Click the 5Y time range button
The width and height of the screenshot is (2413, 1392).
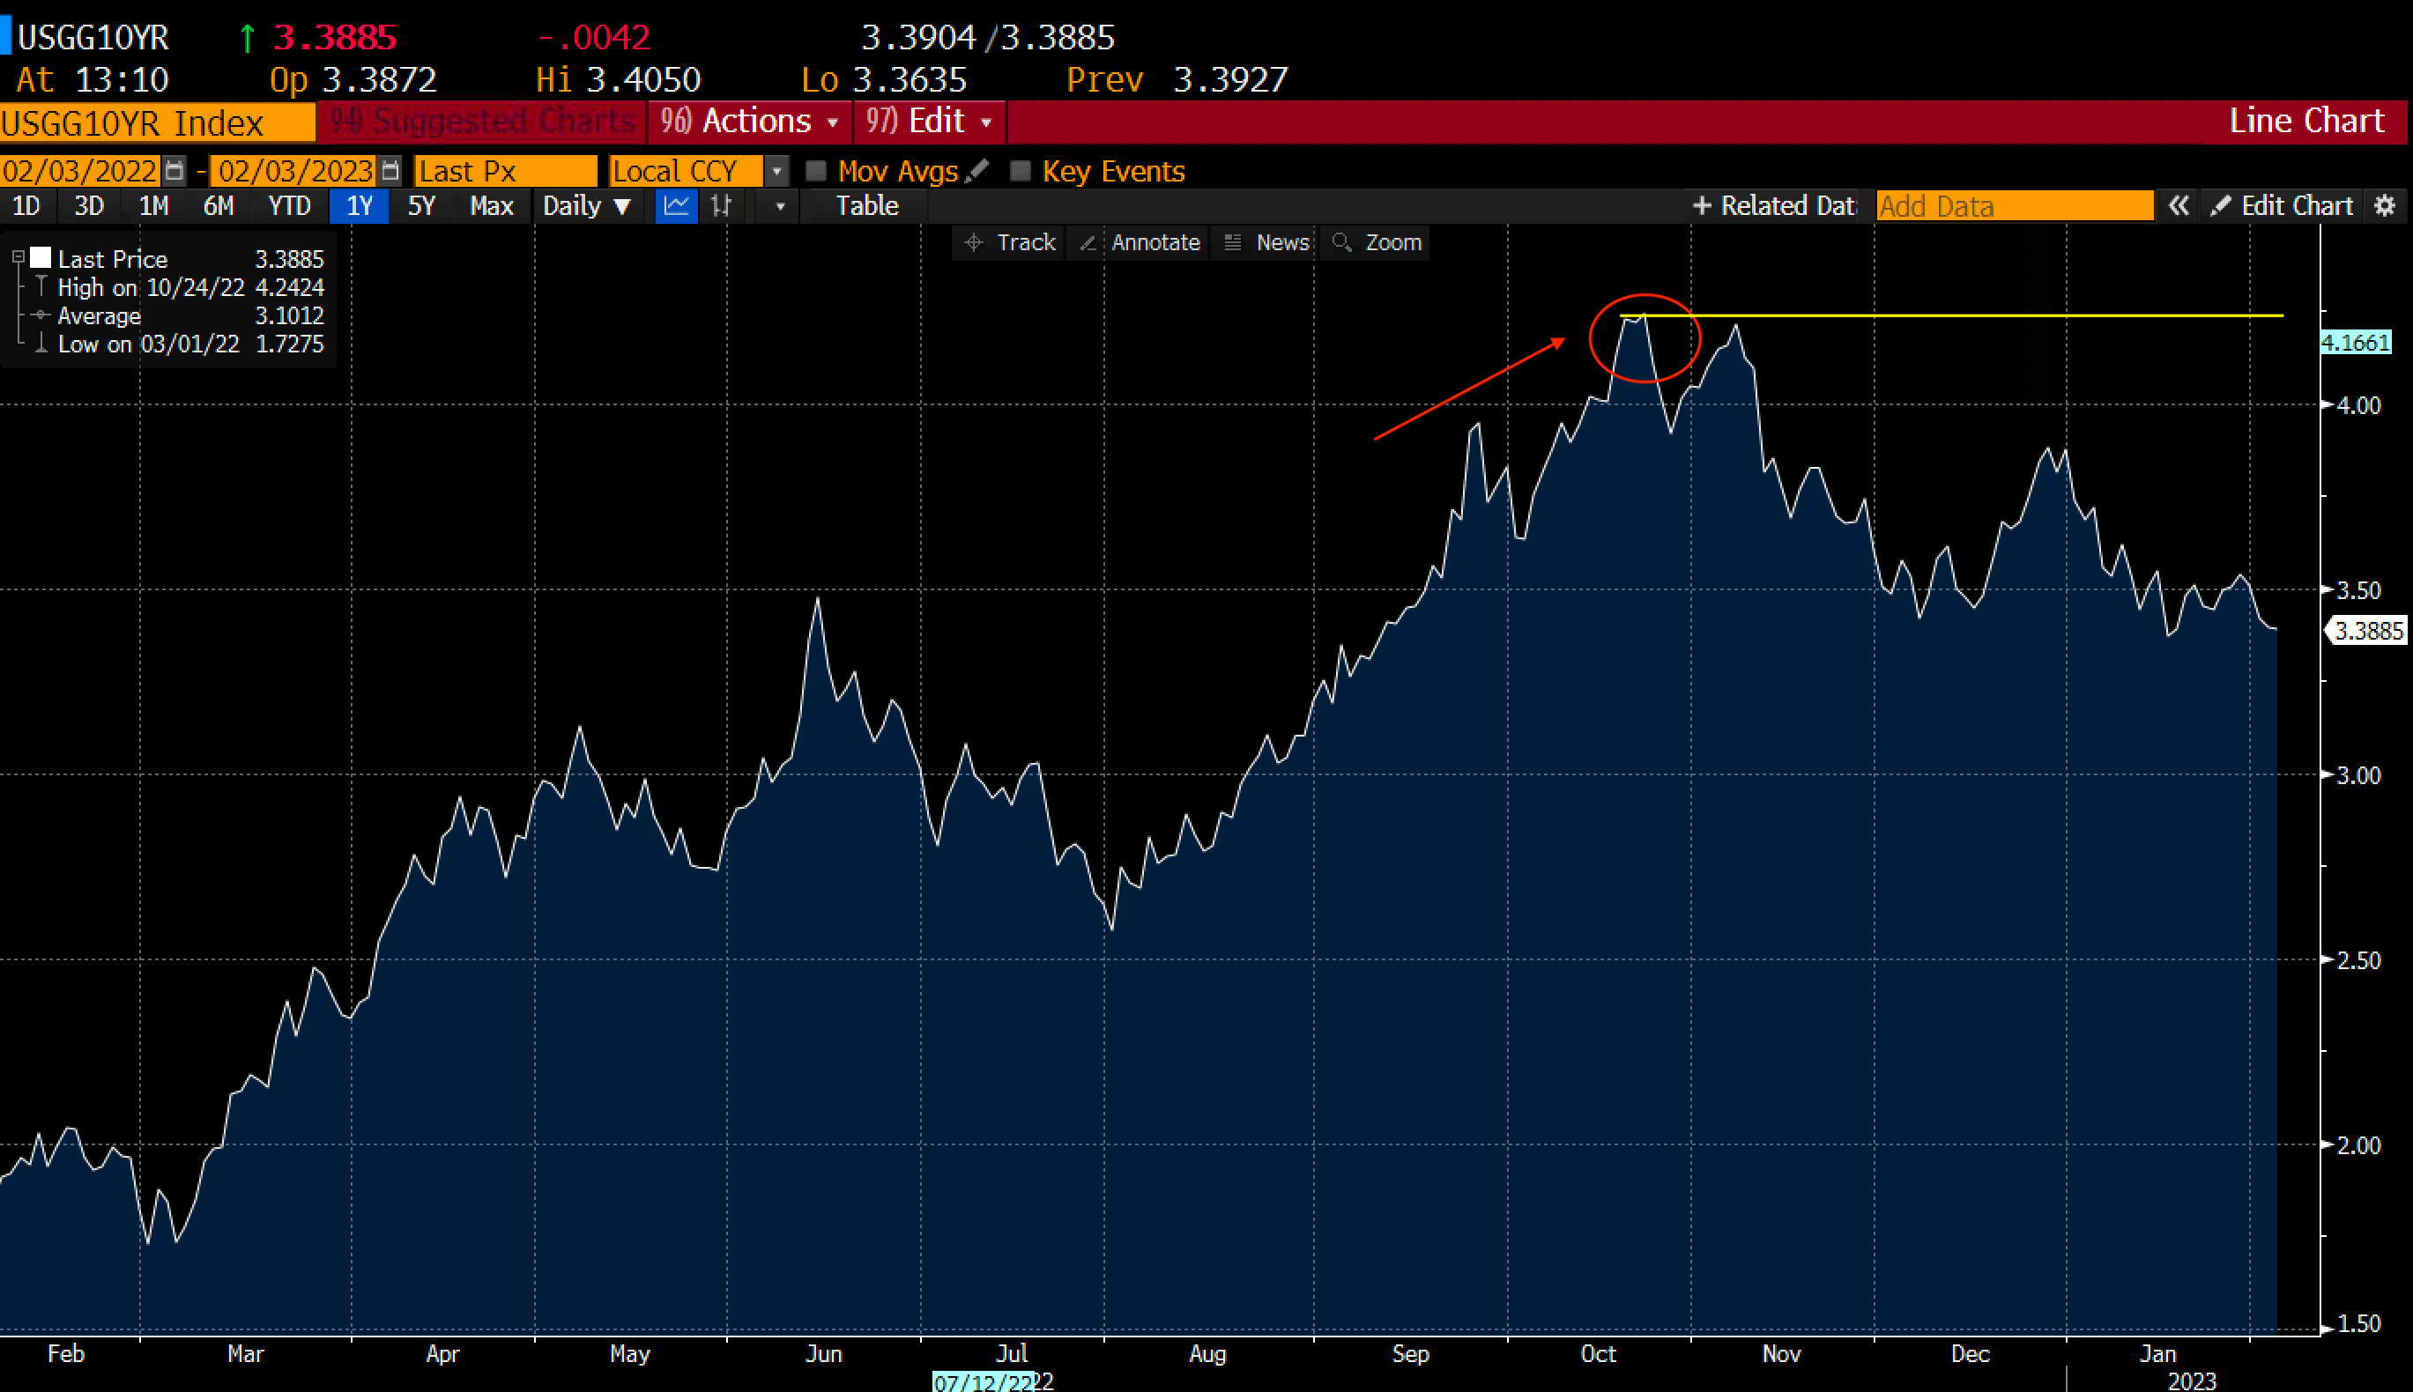(x=420, y=205)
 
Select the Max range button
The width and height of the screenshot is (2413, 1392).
(x=492, y=205)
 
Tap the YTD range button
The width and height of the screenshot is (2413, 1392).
(x=289, y=205)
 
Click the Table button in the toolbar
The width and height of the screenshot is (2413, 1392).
(x=866, y=205)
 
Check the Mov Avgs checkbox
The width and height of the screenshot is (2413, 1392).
(x=816, y=171)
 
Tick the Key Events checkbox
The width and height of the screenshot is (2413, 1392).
(x=1021, y=171)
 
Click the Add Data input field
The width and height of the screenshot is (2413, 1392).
(x=2013, y=205)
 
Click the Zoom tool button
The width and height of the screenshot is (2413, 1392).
(x=1378, y=243)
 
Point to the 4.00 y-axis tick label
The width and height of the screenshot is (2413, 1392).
(x=2358, y=405)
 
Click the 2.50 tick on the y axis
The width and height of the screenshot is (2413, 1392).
(x=2358, y=960)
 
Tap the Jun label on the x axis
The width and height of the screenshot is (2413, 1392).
(x=823, y=1354)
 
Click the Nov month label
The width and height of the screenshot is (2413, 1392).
(x=1781, y=1354)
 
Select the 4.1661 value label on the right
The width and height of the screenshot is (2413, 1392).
(x=2356, y=342)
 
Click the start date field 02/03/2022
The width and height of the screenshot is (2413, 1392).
(x=80, y=171)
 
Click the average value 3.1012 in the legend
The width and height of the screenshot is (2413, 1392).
(x=289, y=315)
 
